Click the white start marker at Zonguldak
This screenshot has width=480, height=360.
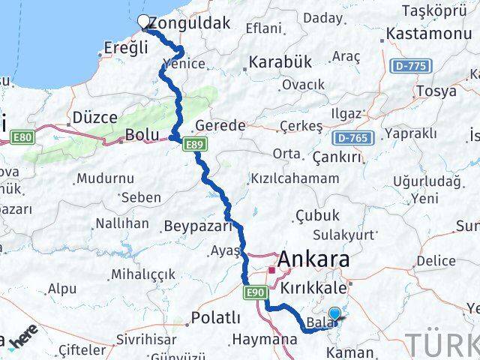tap(145, 22)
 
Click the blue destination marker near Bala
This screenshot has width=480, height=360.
tap(334, 314)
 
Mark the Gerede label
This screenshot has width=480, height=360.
tap(219, 125)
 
